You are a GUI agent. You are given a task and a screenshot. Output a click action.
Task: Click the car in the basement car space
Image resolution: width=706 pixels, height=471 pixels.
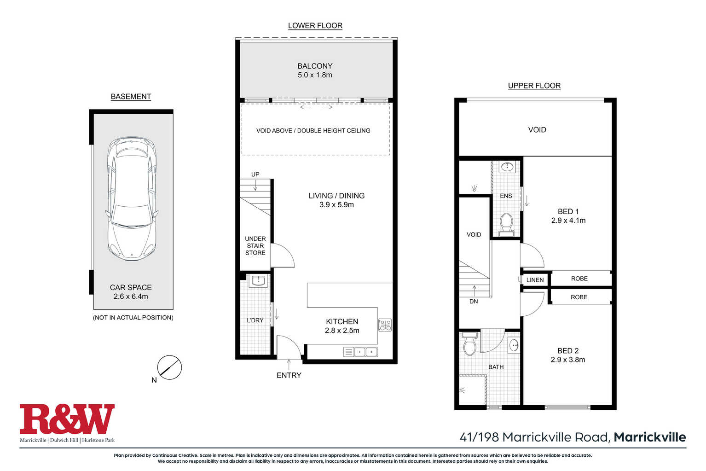coord(132,198)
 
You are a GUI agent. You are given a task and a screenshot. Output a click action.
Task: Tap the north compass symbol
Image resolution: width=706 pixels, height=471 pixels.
coord(169,367)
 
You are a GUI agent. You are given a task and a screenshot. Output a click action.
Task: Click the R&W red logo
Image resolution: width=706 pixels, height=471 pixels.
coord(67,419)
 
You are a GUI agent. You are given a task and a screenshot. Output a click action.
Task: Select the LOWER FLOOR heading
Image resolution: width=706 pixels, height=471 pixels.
coord(315,25)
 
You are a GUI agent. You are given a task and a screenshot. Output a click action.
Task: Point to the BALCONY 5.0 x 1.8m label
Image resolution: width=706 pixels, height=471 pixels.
coord(315,70)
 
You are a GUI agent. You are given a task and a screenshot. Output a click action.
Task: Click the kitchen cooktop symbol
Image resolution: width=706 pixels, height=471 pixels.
coord(385,325)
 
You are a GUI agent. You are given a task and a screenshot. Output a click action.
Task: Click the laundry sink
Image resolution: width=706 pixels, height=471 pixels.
coord(259,280)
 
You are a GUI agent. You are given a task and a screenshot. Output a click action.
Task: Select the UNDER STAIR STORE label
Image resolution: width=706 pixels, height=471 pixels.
coord(255,245)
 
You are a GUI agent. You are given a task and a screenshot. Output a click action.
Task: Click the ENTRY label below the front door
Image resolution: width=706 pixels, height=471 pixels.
coord(289,375)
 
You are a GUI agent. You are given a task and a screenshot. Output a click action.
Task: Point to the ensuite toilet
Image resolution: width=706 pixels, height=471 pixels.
coord(507,224)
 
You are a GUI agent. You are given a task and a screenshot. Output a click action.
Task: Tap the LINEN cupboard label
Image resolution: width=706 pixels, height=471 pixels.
coord(535,280)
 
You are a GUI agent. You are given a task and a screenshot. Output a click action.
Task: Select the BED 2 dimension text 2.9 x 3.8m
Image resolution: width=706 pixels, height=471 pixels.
coord(568,360)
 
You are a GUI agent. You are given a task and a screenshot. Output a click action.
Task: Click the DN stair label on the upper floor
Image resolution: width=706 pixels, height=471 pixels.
coord(474,302)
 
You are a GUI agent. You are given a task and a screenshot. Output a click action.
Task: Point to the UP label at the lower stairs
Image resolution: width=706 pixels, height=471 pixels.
coord(255,174)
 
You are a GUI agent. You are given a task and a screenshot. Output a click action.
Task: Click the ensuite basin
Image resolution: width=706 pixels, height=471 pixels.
coord(507,167)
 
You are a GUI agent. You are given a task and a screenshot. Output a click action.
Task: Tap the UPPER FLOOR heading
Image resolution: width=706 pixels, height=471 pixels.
coord(534,86)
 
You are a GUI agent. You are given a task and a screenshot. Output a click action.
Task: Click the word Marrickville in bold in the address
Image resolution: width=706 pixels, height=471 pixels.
coord(649,437)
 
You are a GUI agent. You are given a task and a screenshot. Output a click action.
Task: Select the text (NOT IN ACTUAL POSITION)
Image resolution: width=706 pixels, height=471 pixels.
coord(133,318)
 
